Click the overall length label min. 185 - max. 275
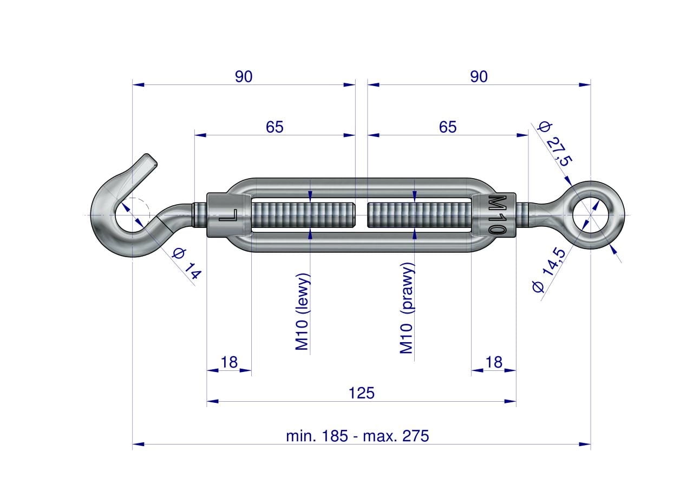pyautogui.click(x=358, y=436)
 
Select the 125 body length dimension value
pyautogui.click(x=361, y=393)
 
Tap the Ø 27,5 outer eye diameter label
pyautogui.click(x=555, y=144)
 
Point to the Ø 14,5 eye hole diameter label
pyautogui.click(x=549, y=270)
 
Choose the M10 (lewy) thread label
pyautogui.click(x=302, y=311)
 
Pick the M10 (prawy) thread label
pyautogui.click(x=407, y=308)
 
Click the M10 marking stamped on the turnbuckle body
pyautogui.click(x=496, y=215)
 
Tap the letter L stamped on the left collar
pyautogui.click(x=228, y=215)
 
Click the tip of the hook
pyautogui.click(x=152, y=160)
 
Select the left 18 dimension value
pyautogui.click(x=229, y=362)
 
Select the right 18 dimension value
pyautogui.click(x=494, y=362)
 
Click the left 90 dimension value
pyautogui.click(x=244, y=76)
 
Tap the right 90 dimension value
pyautogui.click(x=479, y=76)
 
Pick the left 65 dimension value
pyautogui.click(x=274, y=127)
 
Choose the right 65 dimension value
pyautogui.click(x=448, y=127)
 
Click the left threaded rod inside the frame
pyautogui.click(x=303, y=215)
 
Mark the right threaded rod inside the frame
pyautogui.click(x=420, y=215)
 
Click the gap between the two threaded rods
pyautogui.click(x=361, y=215)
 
